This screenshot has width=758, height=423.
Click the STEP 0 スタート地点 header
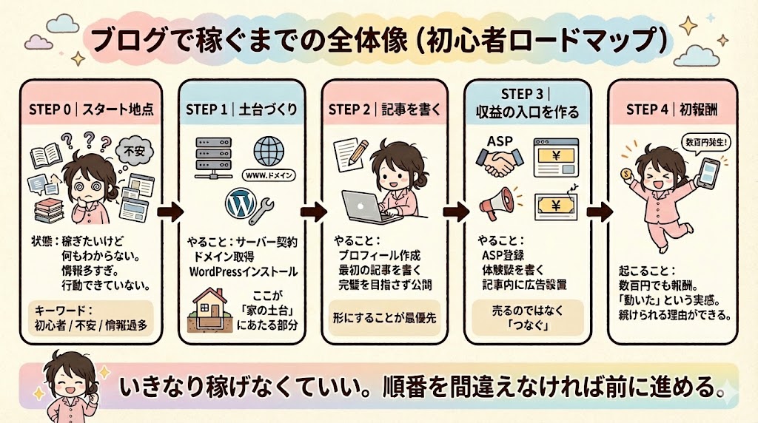click(x=92, y=109)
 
